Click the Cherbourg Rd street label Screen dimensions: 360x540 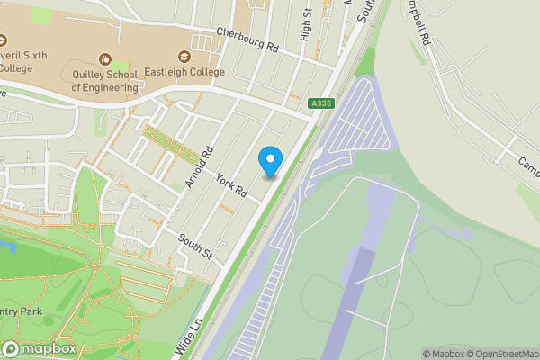[x=248, y=40]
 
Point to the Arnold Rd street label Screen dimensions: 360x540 [x=200, y=166]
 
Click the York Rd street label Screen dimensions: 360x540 [x=231, y=186]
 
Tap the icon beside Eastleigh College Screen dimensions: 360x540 [x=184, y=57]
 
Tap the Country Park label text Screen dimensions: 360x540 [x=22, y=311]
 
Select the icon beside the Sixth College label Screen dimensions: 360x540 [x=3, y=40]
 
